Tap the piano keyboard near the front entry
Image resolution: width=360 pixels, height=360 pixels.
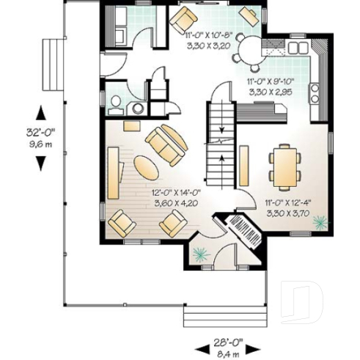243,232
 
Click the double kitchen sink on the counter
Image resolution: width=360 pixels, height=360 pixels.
298,48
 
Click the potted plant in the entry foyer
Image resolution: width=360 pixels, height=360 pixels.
199,254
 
